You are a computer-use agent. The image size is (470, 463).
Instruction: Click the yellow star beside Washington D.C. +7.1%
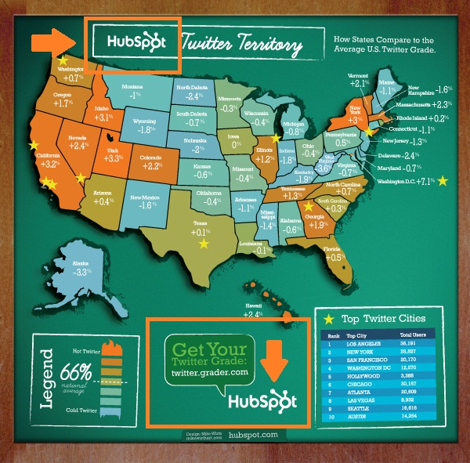click(x=444, y=182)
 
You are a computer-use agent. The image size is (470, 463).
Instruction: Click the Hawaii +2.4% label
click(x=252, y=309)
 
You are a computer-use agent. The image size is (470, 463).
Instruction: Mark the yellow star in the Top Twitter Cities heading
click(x=329, y=319)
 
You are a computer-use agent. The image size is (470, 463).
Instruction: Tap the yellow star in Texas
click(x=204, y=244)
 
